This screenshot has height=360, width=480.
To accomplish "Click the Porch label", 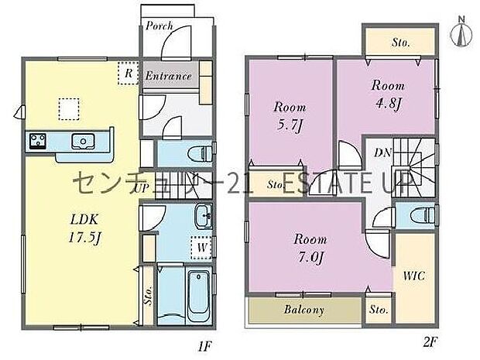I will tap(159, 26).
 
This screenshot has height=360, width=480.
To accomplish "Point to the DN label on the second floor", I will tap(382, 153).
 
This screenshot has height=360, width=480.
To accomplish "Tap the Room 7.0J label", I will tap(308, 244).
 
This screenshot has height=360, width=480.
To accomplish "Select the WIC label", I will tap(411, 274).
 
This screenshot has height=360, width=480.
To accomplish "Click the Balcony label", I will tap(304, 310).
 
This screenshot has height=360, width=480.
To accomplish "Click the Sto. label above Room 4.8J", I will tap(400, 41).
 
